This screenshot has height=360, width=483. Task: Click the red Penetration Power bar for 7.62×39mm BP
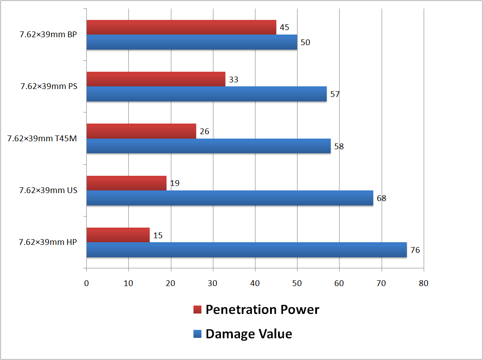click(181, 27)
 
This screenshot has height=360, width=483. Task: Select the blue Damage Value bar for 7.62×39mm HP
click(247, 250)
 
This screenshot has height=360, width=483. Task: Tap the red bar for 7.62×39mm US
click(126, 183)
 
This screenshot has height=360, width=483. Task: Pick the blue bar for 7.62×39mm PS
click(206, 94)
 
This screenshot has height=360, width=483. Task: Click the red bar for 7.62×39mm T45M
click(141, 131)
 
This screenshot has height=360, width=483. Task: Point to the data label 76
click(415, 250)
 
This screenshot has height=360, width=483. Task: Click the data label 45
click(284, 27)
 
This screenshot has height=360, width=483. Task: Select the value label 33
click(233, 80)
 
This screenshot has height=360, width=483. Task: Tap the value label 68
click(381, 198)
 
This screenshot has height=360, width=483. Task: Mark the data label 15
click(158, 236)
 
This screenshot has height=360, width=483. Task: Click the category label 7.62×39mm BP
click(48, 35)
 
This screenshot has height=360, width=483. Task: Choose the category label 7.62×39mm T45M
click(42, 139)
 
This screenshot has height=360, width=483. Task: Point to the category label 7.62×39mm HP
click(48, 242)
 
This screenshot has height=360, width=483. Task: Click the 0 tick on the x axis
click(86, 283)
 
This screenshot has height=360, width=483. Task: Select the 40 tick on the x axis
click(255, 283)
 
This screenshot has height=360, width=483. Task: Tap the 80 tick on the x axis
click(424, 283)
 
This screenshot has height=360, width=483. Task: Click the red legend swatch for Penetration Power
click(197, 310)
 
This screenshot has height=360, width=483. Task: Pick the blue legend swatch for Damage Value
click(197, 334)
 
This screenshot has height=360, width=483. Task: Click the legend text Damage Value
click(249, 334)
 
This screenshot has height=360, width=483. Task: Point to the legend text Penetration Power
click(263, 310)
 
